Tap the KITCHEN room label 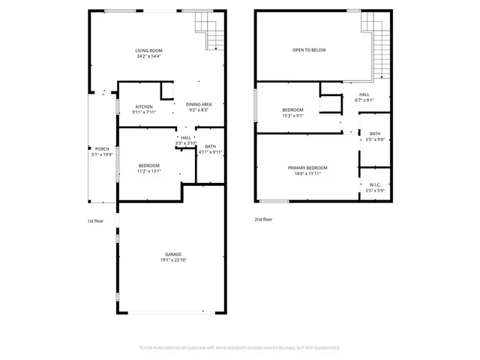[x=143, y=106]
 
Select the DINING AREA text [x=199, y=103]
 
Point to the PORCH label [x=101, y=148]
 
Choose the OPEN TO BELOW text [x=309, y=50]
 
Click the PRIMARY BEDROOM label [x=307, y=167]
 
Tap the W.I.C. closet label [x=374, y=184]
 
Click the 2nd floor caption [x=263, y=220]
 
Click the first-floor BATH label [x=211, y=146]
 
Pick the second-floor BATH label [x=374, y=133]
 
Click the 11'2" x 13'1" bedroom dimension [x=149, y=171]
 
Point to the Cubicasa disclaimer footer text [x=240, y=348]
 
